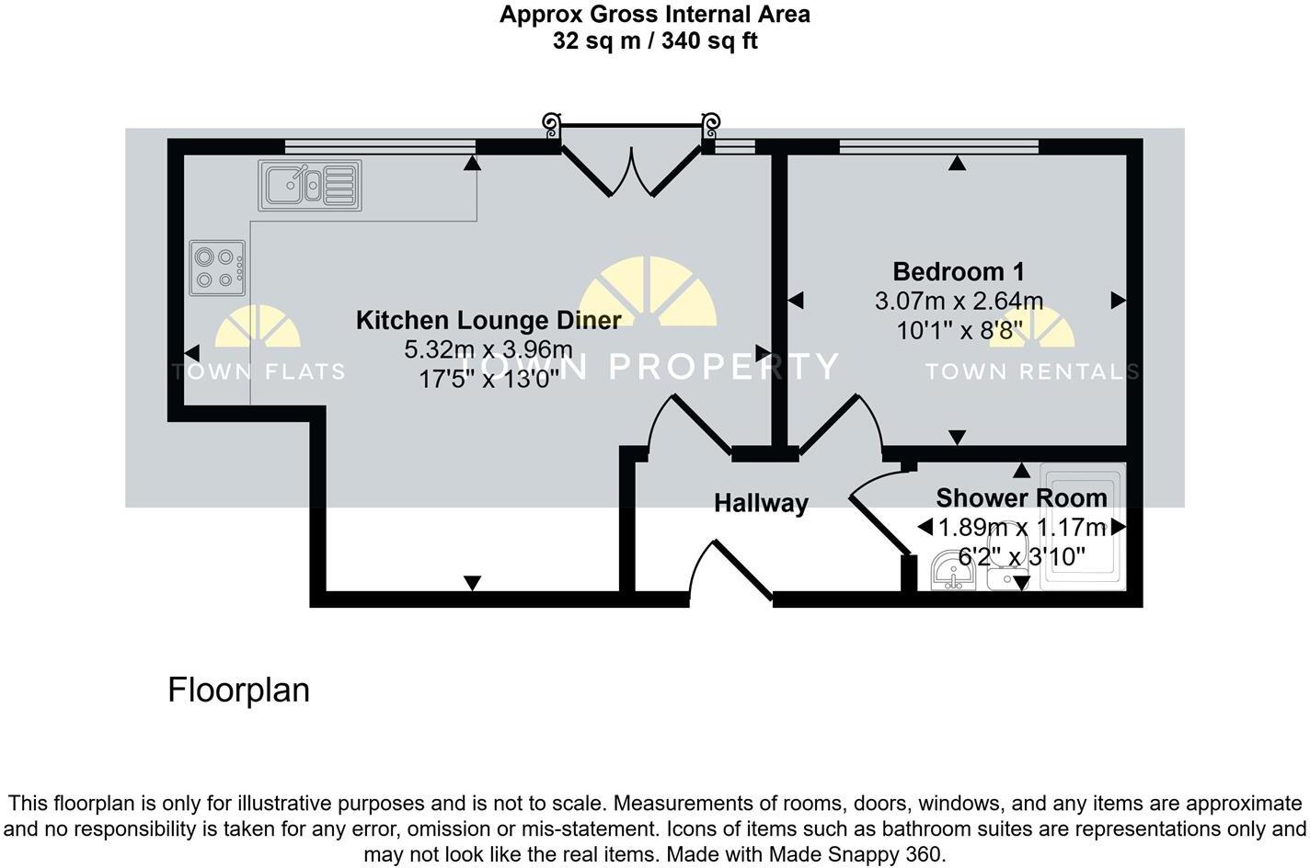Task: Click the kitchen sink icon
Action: click(x=309, y=185)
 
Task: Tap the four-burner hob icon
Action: click(x=218, y=268)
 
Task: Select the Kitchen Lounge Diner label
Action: click(x=488, y=320)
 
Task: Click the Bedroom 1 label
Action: click(x=958, y=271)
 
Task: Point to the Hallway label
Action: click(x=761, y=503)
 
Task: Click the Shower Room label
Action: click(x=1021, y=497)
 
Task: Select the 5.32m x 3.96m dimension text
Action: click(x=488, y=349)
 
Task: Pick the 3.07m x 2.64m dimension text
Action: click(x=958, y=301)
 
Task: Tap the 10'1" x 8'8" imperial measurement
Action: click(x=958, y=330)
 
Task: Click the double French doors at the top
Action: click(x=631, y=161)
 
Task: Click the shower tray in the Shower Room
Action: click(x=1082, y=526)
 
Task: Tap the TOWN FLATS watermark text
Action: click(x=259, y=371)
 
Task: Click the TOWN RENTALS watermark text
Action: click(x=1031, y=371)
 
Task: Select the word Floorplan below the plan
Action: click(x=238, y=690)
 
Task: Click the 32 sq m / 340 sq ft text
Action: click(x=655, y=41)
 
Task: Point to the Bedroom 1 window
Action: click(x=938, y=145)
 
